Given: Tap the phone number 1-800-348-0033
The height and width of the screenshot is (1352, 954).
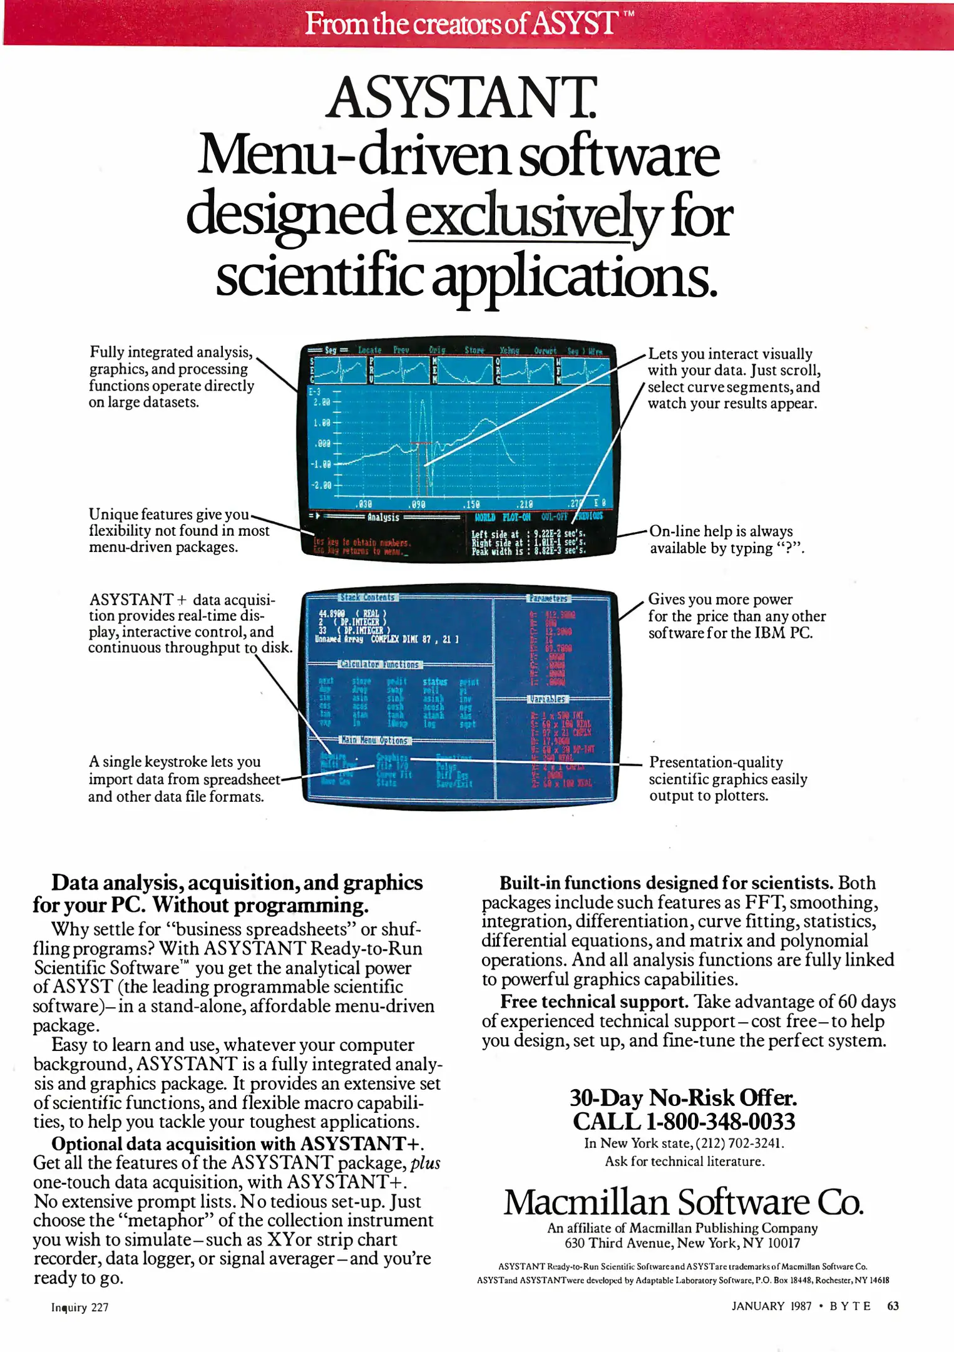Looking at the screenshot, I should [x=720, y=1122].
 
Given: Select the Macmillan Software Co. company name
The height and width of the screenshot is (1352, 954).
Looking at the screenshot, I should [x=684, y=1202].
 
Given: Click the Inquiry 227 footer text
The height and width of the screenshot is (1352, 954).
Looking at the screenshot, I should [x=79, y=1308].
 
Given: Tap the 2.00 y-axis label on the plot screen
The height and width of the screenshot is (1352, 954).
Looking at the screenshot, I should [x=322, y=402].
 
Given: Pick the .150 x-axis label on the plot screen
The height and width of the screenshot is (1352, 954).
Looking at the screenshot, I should [x=471, y=504].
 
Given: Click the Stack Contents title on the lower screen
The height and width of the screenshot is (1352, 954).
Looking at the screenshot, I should [x=367, y=598].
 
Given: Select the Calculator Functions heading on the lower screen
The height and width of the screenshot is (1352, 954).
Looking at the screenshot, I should [x=380, y=665].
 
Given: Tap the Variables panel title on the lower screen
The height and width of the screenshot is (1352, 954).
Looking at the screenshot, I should [x=548, y=699].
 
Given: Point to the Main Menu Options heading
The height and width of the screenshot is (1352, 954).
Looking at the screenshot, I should [x=374, y=740].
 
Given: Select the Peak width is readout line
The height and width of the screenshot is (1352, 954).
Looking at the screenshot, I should [x=529, y=551].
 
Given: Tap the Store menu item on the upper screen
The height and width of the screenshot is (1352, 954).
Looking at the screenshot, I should [x=474, y=351].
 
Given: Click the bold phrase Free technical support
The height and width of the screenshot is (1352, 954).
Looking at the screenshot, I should [x=593, y=1002].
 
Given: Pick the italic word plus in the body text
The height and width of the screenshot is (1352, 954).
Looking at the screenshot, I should [x=425, y=1164].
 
